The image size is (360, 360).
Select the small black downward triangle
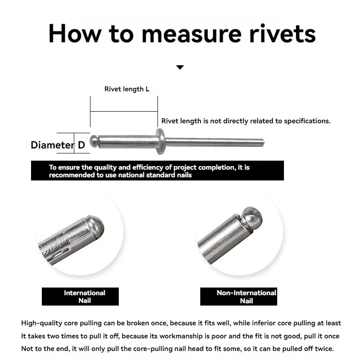[x=180, y=67]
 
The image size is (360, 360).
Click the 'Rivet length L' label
[x=127, y=89]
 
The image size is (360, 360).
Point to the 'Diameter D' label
[x=58, y=145]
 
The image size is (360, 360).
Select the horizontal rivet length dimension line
[x=124, y=110]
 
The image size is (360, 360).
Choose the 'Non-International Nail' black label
[x=246, y=297]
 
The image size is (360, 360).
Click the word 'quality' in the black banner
[x=101, y=167]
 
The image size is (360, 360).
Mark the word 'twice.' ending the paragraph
[x=324, y=349]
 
